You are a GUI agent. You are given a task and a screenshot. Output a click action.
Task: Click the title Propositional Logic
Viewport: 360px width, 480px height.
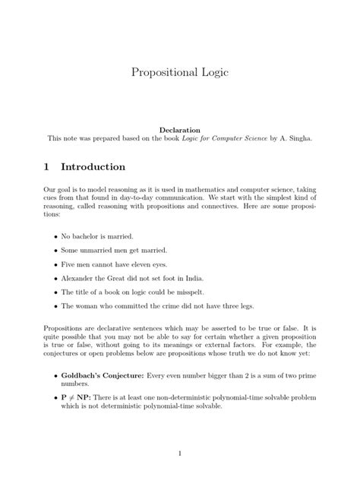(x=179, y=73)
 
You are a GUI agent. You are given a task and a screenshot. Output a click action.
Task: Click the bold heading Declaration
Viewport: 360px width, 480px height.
(x=179, y=130)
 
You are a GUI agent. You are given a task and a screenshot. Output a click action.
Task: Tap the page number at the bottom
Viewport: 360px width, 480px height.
(x=180, y=453)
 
